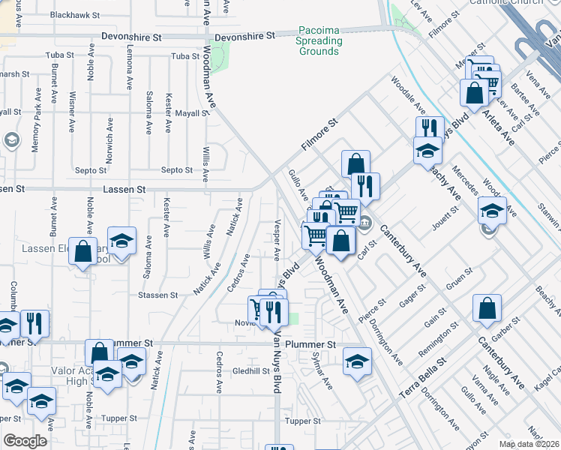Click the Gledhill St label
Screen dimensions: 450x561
250,370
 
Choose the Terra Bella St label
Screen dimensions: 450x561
422,374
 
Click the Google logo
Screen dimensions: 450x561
25,441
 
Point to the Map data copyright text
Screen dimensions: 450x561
529,444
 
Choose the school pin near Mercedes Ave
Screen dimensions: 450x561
492,211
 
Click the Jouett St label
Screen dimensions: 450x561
444,219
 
